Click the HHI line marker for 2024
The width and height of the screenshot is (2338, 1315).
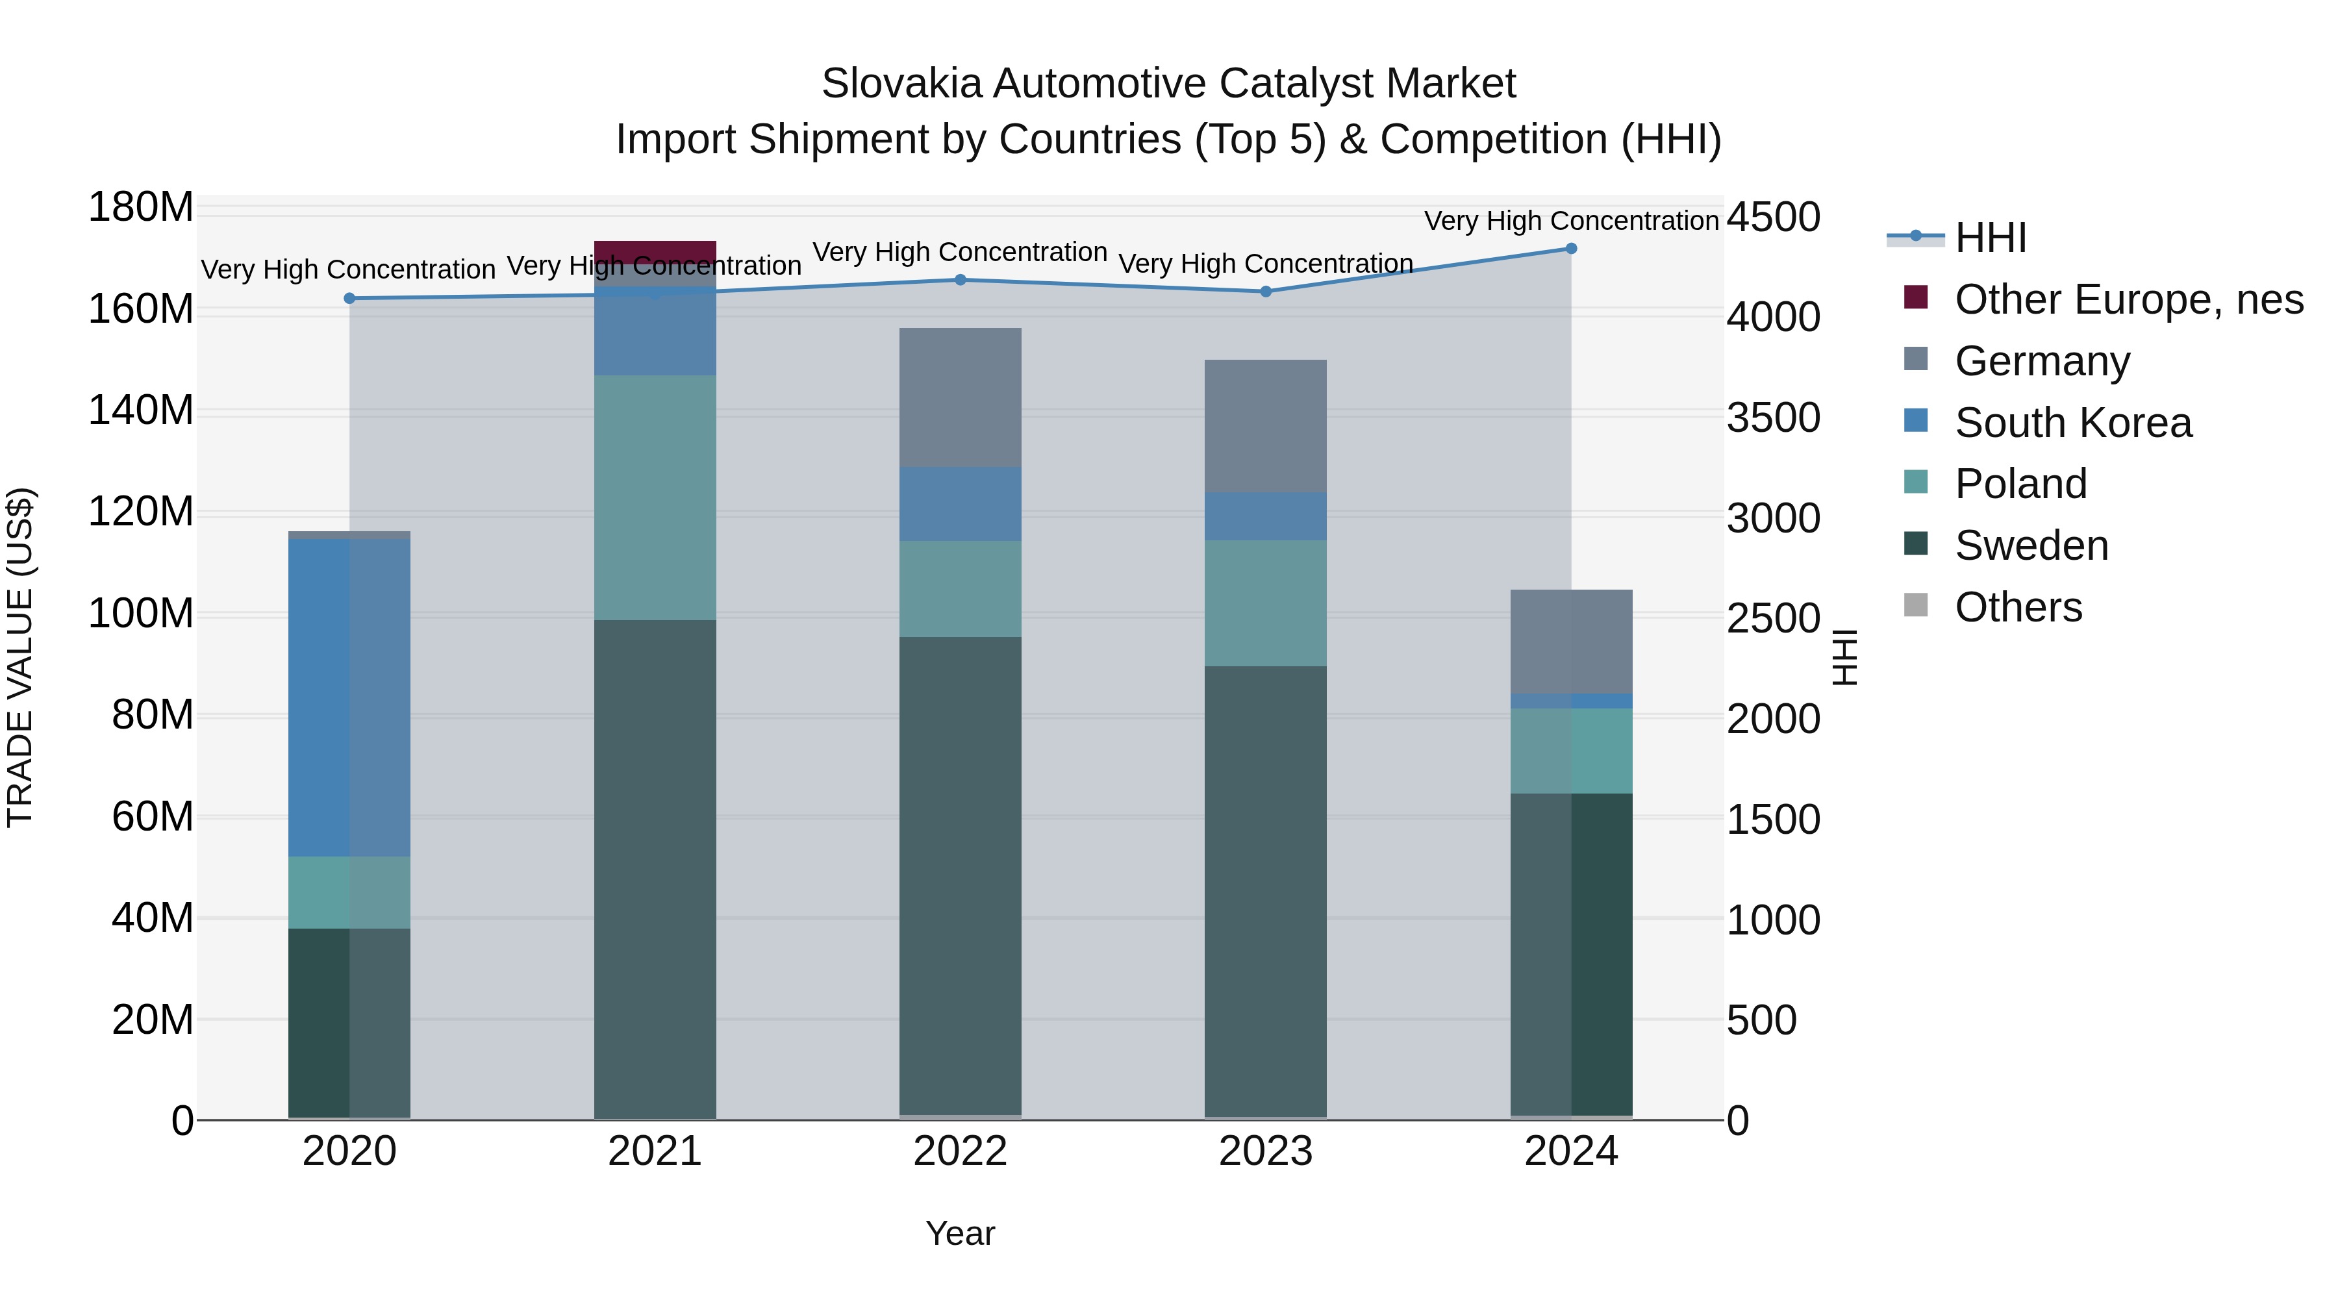coord(1571,249)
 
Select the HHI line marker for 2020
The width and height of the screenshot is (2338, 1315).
coord(349,299)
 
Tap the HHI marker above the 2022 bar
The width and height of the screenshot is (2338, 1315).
coord(961,279)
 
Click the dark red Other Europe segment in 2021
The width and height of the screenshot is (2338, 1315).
coord(655,251)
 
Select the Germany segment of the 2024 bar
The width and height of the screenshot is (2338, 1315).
coord(1571,642)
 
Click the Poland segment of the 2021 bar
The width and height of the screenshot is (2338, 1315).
coord(655,497)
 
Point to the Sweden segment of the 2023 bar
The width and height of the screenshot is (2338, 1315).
coord(1265,890)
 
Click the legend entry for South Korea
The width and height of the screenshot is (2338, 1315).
coord(2073,423)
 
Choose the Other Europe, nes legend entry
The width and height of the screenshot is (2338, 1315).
coord(2128,299)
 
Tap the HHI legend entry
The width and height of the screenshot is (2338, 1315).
coord(1989,238)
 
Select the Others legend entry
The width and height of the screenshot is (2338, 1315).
coord(2018,607)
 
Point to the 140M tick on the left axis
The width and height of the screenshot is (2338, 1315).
coord(141,411)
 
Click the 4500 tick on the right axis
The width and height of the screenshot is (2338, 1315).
coord(1772,218)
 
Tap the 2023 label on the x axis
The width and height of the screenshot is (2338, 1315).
coord(1265,1151)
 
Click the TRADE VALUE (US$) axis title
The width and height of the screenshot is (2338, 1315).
coord(20,657)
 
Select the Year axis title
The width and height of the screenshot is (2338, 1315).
coord(961,1233)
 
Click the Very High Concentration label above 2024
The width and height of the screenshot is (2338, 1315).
coord(1571,221)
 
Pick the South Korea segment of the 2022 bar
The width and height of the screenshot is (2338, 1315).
coord(961,504)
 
